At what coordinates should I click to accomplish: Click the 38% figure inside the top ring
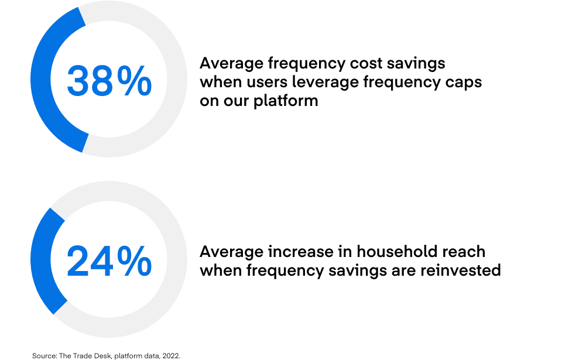[109, 81]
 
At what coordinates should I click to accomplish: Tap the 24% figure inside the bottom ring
[109, 262]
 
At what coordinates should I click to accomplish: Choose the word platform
[286, 101]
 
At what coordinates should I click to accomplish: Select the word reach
[464, 252]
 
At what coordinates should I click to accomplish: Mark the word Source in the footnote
[44, 355]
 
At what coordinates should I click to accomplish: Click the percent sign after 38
[134, 81]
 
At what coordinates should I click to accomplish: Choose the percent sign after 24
[134, 262]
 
